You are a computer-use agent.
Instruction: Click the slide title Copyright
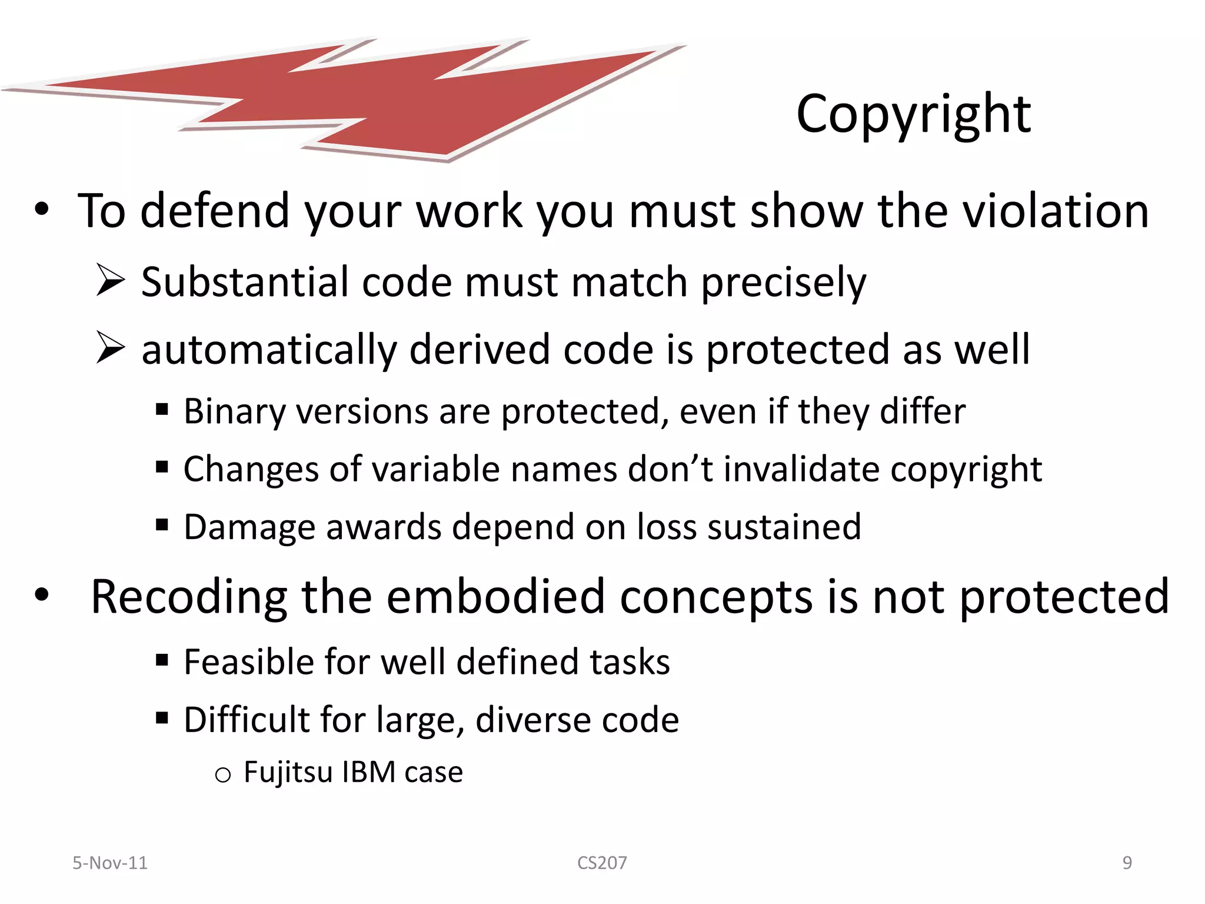[913, 114]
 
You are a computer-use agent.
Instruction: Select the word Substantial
[245, 282]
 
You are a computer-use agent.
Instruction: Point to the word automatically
[269, 350]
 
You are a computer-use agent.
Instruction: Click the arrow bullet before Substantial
[110, 280]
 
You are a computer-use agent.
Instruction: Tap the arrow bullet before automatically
[110, 347]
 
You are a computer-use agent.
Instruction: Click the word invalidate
[801, 469]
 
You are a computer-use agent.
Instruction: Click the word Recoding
[189, 597]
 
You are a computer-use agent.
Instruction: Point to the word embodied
[495, 597]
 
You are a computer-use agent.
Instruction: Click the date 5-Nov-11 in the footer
[110, 863]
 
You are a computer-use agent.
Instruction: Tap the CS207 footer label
[602, 863]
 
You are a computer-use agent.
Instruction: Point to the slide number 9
[1127, 863]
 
